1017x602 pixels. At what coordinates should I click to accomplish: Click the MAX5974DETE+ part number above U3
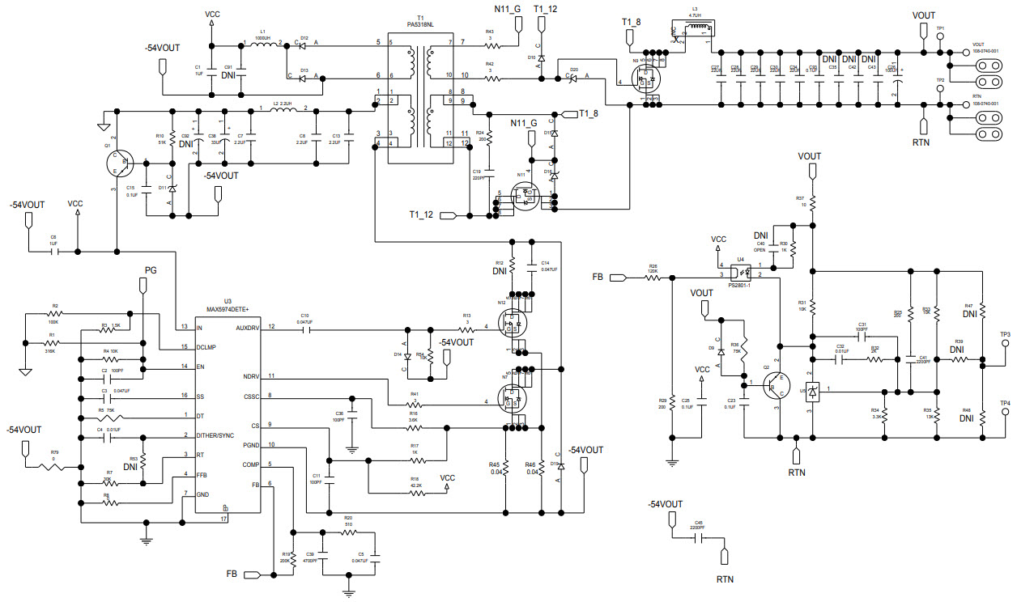point(228,308)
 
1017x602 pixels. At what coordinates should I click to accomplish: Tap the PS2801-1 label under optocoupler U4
point(738,284)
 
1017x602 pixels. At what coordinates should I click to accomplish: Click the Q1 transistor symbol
point(117,163)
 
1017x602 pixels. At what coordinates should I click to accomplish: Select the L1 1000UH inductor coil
point(262,44)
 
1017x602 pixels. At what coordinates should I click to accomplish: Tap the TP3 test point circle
point(1005,343)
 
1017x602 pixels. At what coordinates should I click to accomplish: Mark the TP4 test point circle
point(1005,412)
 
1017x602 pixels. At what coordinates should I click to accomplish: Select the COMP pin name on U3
point(251,464)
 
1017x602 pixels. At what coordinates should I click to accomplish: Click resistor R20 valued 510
point(348,532)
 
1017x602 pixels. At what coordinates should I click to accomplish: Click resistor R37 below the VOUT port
point(813,201)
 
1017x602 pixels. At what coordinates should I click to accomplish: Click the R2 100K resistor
point(54,313)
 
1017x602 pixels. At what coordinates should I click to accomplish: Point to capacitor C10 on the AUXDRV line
point(304,329)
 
